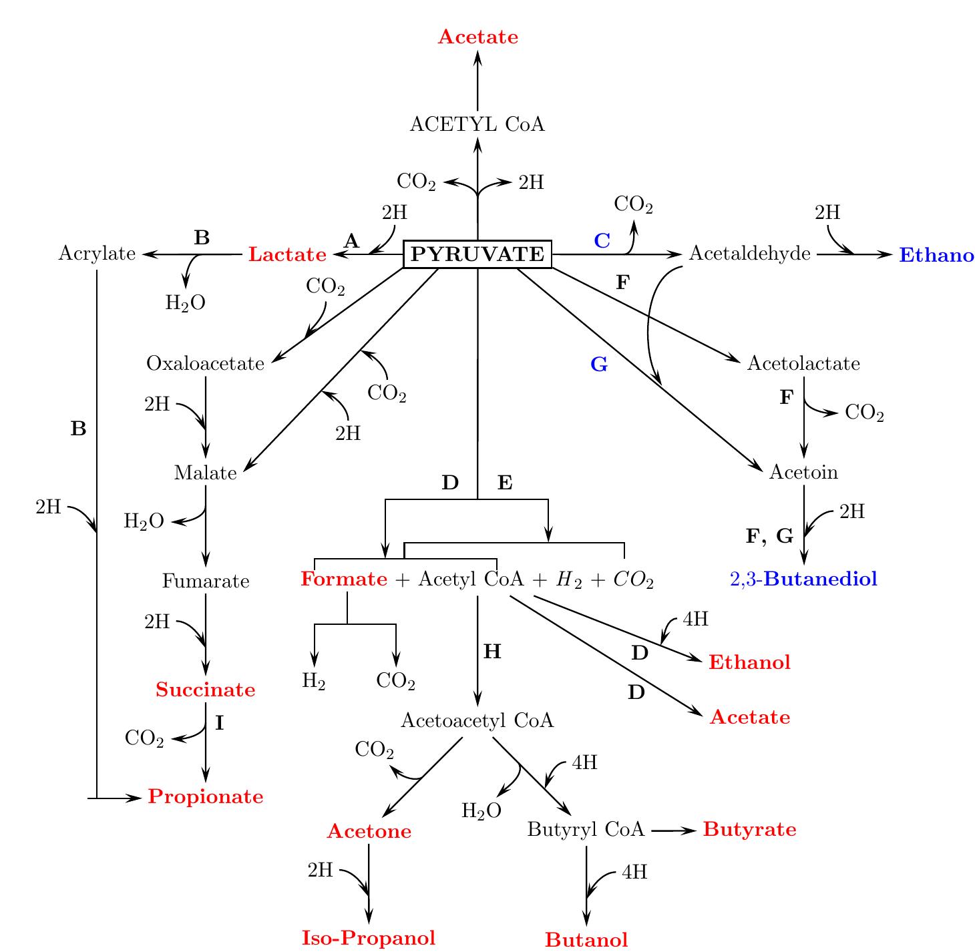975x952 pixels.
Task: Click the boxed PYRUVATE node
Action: pos(477,254)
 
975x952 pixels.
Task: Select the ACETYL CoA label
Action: pos(477,125)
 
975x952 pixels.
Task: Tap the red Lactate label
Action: pos(287,255)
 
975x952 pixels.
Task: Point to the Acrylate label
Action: pos(97,254)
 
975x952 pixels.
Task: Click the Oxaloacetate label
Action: pos(206,364)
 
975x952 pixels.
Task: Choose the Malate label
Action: pos(206,473)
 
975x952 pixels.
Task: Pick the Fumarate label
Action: pos(206,581)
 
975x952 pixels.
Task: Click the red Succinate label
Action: pos(206,690)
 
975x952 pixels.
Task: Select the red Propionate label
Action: pos(206,797)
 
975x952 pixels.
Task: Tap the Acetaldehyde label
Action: pos(750,254)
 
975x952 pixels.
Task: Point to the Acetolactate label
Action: pos(803,364)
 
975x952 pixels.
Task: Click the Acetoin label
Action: pos(803,473)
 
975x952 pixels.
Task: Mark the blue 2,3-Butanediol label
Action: pos(803,579)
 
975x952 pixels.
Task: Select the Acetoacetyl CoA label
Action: pos(477,721)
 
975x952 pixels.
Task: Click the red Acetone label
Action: pos(369,832)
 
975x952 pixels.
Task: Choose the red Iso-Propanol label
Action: pos(369,938)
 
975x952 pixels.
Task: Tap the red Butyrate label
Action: pos(749,830)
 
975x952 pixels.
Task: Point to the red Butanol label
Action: pos(586,940)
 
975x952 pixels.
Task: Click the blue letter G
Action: pos(599,365)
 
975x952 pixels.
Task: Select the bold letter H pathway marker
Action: pos(492,652)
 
